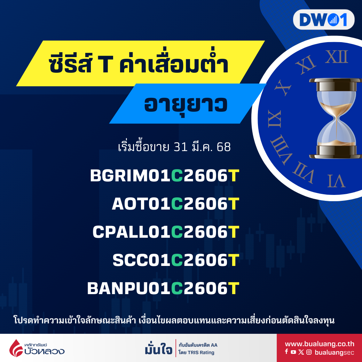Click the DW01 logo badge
323,19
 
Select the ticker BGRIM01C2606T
165,176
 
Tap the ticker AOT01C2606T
175,204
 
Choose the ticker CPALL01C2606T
166,232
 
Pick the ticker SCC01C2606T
176,260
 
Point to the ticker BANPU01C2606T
163,288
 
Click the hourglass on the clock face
336,118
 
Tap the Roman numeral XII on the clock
337,57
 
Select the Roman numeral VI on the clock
336,181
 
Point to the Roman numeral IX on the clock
275,119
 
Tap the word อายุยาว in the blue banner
186,105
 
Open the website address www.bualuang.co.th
320,344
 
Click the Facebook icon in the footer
286,352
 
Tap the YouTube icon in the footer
293,352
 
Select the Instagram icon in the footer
309,352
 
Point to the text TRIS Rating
201,353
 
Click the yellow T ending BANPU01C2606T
234,288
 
